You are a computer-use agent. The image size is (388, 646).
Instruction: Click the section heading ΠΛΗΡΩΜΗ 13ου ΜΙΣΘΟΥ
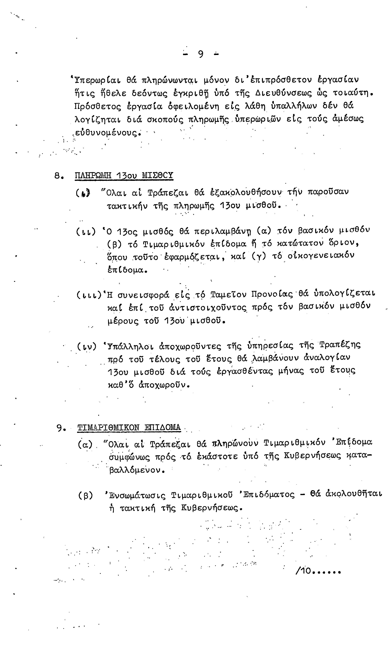point(124,175)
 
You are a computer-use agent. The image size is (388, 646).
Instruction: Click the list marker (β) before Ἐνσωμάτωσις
point(85,495)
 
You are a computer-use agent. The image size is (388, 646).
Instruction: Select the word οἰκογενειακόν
point(321,256)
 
